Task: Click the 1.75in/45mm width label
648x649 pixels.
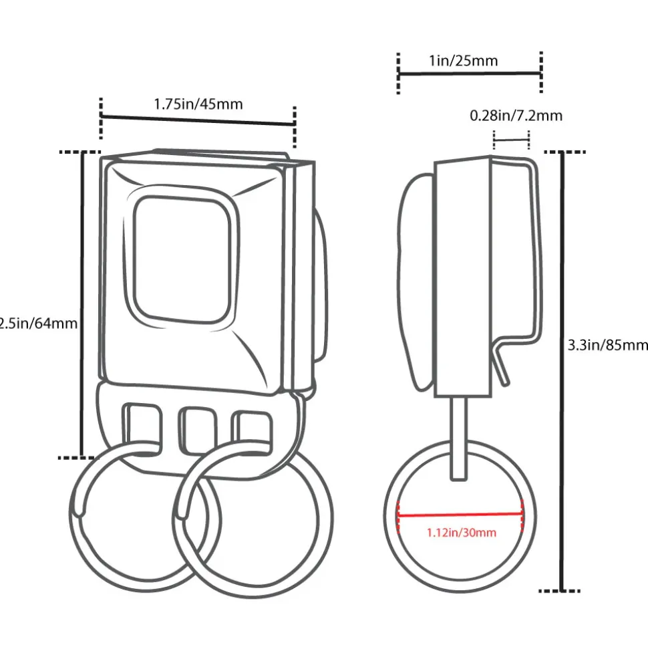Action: click(x=198, y=104)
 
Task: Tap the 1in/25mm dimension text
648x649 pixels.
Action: click(x=463, y=61)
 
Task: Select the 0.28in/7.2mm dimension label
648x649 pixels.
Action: click(x=516, y=116)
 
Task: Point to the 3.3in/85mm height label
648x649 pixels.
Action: click(x=607, y=345)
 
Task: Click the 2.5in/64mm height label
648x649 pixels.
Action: click(x=39, y=324)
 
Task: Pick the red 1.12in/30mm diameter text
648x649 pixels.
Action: click(x=461, y=533)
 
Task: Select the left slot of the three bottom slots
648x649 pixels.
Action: click(x=142, y=426)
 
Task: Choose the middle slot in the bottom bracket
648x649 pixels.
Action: click(x=197, y=428)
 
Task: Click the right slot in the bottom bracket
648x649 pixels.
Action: click(x=251, y=428)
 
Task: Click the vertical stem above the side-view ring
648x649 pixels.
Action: click(x=459, y=437)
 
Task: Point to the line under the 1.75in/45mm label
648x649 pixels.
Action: click(x=198, y=120)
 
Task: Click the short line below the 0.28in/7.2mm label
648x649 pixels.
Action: click(x=511, y=140)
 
